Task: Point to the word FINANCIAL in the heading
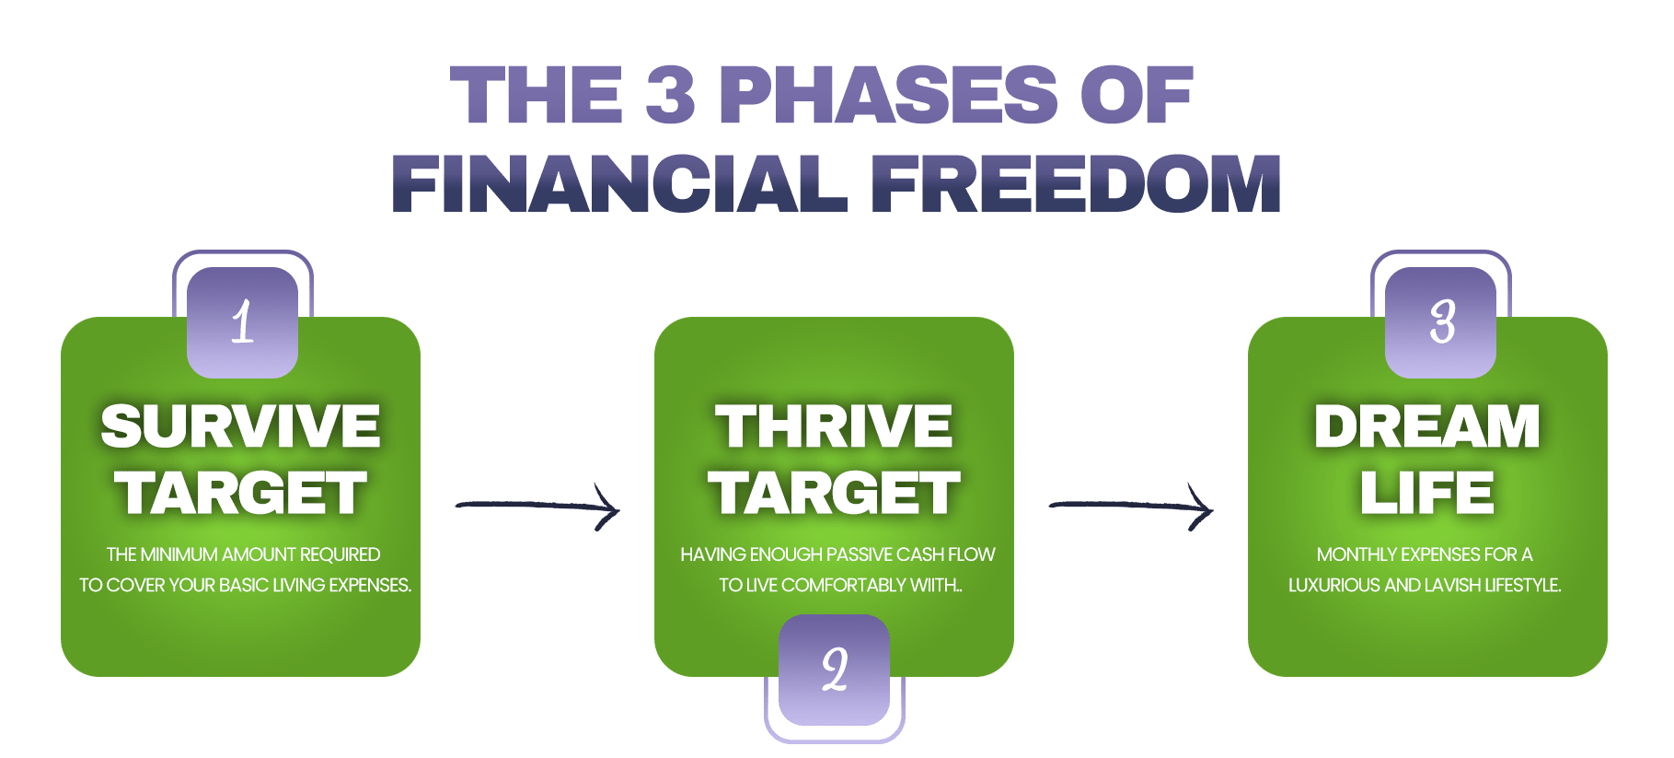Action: pos(619,182)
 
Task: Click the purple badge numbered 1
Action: pos(242,321)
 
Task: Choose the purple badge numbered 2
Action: pos(834,670)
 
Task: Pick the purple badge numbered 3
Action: pos(1440,321)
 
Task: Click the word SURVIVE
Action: pos(241,426)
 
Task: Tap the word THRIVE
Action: pos(834,426)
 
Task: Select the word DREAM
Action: pos(1427,426)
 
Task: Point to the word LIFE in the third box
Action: pos(1427,493)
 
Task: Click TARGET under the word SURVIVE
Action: pos(241,493)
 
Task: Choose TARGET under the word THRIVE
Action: pos(834,493)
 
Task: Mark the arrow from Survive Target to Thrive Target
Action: pos(537,505)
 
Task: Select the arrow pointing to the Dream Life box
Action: pos(1131,505)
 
